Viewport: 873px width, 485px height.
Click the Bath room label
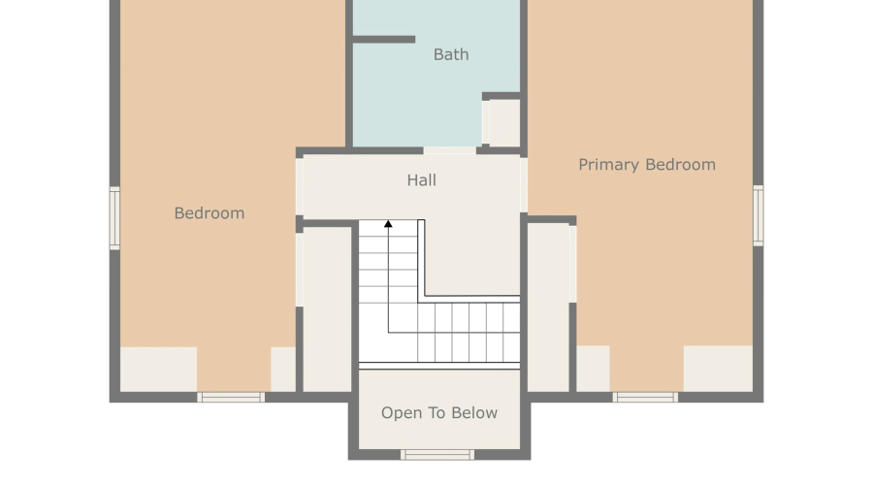click(451, 54)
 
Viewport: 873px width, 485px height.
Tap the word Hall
click(422, 179)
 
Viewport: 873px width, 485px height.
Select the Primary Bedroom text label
click(647, 165)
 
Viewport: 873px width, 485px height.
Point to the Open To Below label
click(439, 412)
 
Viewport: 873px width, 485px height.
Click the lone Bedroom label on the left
click(210, 213)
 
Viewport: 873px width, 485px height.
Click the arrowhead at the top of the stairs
click(388, 224)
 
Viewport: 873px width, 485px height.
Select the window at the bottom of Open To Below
click(437, 455)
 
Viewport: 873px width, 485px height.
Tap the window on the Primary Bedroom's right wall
click(759, 215)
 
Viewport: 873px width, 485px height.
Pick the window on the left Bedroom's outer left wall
click(114, 218)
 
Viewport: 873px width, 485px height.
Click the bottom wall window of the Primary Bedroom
click(645, 397)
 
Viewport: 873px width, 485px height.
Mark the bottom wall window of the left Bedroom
click(231, 397)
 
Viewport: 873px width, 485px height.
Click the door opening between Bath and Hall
click(450, 151)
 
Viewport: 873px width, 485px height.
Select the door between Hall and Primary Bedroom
click(524, 185)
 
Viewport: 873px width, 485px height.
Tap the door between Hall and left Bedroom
click(300, 186)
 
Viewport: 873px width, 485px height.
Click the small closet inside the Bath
click(504, 123)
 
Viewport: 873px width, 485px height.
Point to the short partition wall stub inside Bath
click(384, 40)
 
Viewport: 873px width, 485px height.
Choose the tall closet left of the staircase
click(328, 309)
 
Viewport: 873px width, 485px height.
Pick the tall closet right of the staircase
click(548, 307)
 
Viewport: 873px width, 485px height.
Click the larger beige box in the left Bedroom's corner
click(159, 370)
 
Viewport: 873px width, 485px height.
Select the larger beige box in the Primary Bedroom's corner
click(718, 369)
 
